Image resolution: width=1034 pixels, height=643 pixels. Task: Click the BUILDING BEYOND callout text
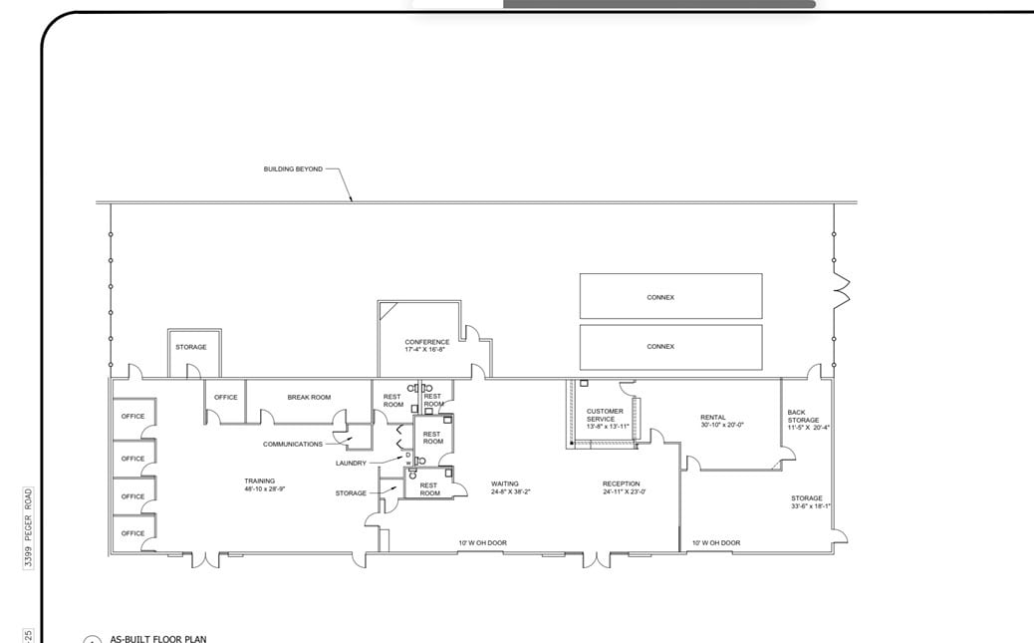pyautogui.click(x=293, y=169)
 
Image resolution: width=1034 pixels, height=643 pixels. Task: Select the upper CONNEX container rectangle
pyautogui.click(x=670, y=296)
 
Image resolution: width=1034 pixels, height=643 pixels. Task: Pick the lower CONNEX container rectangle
pyautogui.click(x=670, y=347)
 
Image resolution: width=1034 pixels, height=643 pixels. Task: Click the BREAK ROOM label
pyautogui.click(x=309, y=397)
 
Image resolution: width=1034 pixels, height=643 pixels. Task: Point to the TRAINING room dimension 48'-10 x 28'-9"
pyautogui.click(x=265, y=489)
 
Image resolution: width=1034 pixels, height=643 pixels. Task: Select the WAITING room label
pyautogui.click(x=505, y=484)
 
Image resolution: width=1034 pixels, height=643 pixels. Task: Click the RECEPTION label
pyautogui.click(x=621, y=484)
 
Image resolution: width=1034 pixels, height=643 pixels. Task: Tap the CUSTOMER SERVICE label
pyautogui.click(x=605, y=415)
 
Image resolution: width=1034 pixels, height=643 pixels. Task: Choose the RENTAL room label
pyautogui.click(x=713, y=418)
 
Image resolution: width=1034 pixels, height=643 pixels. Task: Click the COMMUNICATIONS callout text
pyautogui.click(x=293, y=444)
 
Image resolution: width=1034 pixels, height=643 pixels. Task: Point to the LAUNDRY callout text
pyautogui.click(x=351, y=463)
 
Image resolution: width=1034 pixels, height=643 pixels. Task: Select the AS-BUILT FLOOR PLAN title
pyautogui.click(x=158, y=638)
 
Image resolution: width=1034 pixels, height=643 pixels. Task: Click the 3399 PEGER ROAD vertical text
pyautogui.click(x=29, y=527)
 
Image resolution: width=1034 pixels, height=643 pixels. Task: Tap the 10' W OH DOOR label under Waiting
pyautogui.click(x=482, y=542)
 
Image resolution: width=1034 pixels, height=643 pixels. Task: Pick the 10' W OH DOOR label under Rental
pyautogui.click(x=716, y=542)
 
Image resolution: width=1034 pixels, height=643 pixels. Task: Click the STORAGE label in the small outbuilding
pyautogui.click(x=191, y=347)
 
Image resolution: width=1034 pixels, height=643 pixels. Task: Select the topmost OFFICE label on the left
pyautogui.click(x=132, y=416)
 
